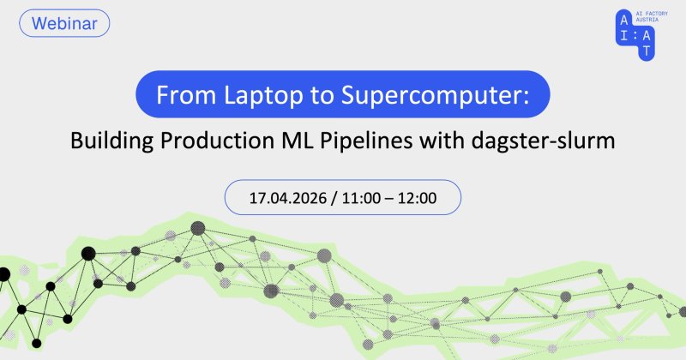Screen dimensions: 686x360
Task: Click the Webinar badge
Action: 64,23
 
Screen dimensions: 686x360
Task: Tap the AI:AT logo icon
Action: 635,35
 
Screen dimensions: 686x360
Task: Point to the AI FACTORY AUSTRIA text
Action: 652,16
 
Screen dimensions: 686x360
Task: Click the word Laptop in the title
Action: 263,95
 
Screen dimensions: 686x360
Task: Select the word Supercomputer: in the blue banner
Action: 436,95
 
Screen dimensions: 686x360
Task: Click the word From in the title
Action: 186,95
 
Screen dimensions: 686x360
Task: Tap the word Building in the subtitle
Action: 112,141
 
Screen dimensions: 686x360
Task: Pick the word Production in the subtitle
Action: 215,141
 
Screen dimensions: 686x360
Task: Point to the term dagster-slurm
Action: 544,141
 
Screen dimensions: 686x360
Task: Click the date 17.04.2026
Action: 288,198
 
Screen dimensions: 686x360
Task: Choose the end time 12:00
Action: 417,198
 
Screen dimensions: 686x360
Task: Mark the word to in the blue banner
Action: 322,96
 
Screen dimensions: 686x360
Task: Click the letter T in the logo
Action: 647,51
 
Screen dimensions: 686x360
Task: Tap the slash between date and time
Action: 334,198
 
